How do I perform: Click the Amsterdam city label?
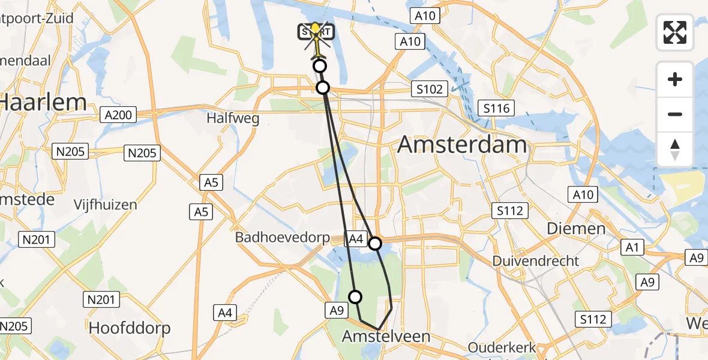(x=462, y=145)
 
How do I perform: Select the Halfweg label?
(x=233, y=118)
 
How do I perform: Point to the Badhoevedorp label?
(x=282, y=238)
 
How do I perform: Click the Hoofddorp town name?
(x=130, y=328)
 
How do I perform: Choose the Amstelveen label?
(x=386, y=337)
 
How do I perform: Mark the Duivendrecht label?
(x=536, y=261)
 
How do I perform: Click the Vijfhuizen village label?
(x=106, y=205)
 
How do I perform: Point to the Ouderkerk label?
(x=502, y=348)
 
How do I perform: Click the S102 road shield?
(x=430, y=89)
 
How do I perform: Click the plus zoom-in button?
(x=675, y=79)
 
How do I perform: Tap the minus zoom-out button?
(x=675, y=114)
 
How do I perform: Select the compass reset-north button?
(x=675, y=149)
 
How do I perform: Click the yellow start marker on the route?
(x=315, y=31)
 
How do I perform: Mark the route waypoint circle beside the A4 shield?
(x=375, y=243)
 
